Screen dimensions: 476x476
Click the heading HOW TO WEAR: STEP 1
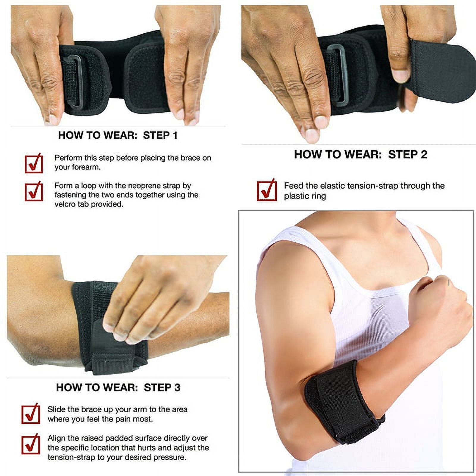pyautogui.click(x=118, y=135)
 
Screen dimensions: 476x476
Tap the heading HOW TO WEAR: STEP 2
pyautogui.click(x=361, y=154)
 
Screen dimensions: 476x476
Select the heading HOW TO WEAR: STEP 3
pyautogui.click(x=118, y=387)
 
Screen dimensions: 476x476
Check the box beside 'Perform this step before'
pyautogui.click(x=34, y=163)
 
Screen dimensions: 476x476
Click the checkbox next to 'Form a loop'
pyautogui.click(x=34, y=191)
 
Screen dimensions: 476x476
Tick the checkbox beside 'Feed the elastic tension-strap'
pyautogui.click(x=267, y=190)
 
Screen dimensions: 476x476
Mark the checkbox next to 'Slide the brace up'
pyautogui.click(x=31, y=414)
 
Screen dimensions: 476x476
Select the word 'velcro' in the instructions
pyautogui.click(x=65, y=204)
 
